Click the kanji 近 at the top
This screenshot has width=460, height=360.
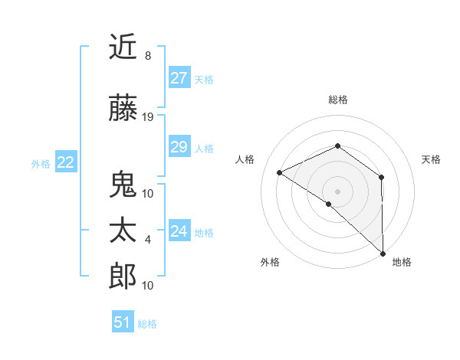click(x=123, y=48)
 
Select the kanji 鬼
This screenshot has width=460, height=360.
click(x=123, y=185)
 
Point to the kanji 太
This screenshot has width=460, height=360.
click(x=123, y=231)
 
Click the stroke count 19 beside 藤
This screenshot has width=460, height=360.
click(x=148, y=117)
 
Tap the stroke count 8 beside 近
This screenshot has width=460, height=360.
click(x=147, y=56)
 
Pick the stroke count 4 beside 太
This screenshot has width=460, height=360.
click(x=147, y=240)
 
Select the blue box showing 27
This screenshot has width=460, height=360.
click(x=179, y=78)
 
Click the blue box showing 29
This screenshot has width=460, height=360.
click(x=179, y=147)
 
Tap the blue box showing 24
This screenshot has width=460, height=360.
click(x=179, y=231)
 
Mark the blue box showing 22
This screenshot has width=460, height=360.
click(x=66, y=162)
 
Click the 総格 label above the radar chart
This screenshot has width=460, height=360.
click(x=337, y=100)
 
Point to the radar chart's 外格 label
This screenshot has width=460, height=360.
click(x=270, y=262)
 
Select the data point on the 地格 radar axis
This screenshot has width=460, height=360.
click(x=383, y=253)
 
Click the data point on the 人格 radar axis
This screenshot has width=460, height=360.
click(x=280, y=172)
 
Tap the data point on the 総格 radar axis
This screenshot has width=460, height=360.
click(x=337, y=146)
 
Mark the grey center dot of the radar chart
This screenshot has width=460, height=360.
click(x=337, y=191)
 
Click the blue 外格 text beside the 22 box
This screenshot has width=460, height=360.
click(x=41, y=163)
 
